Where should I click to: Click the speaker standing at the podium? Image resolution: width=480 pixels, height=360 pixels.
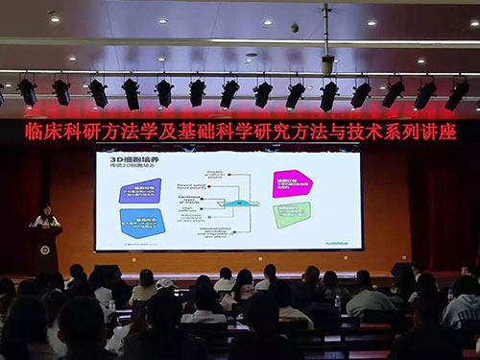pos(45,216)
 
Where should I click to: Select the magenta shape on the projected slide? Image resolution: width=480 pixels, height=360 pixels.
pos(290,183)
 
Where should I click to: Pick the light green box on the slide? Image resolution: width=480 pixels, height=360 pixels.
pos(291,214)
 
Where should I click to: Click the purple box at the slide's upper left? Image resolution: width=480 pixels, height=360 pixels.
pos(140,190)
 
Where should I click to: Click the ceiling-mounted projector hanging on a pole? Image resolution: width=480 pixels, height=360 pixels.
pos(327,64)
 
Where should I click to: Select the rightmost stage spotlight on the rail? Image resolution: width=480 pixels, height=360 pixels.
pos(457,93)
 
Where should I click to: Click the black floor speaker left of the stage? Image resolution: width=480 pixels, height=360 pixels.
pos(105,275)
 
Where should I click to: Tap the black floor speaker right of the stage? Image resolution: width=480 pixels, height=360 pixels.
pos(402,272)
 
